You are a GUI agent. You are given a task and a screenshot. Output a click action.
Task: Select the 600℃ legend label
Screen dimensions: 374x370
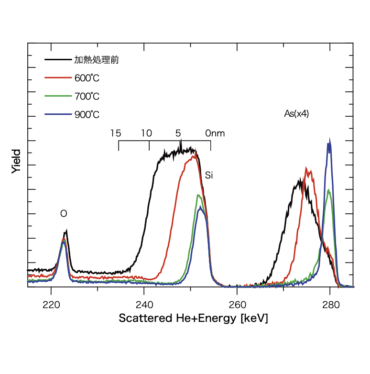(87, 78)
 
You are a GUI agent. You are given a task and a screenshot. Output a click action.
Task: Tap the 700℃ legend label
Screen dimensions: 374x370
(87, 96)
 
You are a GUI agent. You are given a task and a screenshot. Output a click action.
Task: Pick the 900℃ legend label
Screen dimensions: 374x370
(87, 114)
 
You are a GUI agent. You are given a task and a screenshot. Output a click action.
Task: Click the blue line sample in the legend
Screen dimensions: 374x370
(57, 114)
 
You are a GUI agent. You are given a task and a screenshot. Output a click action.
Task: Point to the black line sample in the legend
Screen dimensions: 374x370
(57, 60)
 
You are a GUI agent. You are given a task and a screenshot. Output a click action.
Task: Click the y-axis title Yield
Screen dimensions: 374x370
(16, 161)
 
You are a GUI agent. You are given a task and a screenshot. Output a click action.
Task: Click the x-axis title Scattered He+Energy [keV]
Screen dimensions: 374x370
(193, 319)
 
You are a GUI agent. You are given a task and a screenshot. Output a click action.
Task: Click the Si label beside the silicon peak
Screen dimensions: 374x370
(208, 175)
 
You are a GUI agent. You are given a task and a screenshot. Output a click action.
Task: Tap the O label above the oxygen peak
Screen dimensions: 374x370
(63, 214)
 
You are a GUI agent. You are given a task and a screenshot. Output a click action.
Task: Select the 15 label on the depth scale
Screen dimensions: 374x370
(115, 133)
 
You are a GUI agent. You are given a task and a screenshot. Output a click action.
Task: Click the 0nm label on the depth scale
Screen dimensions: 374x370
(215, 133)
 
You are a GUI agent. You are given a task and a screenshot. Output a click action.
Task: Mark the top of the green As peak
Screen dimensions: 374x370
(329, 190)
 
